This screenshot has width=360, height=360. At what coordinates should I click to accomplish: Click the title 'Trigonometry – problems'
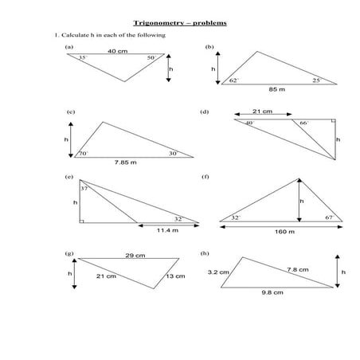point(179,22)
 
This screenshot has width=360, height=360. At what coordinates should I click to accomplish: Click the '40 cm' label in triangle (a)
point(117,51)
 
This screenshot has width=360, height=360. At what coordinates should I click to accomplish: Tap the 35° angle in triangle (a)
point(82,58)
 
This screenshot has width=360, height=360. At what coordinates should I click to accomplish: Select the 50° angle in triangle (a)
point(151,58)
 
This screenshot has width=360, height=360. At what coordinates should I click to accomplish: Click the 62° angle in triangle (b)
point(233,80)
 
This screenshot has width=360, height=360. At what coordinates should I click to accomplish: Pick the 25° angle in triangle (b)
point(316,80)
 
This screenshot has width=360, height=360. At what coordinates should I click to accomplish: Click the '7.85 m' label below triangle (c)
point(125,162)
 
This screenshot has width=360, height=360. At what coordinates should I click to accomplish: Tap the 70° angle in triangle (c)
point(83,153)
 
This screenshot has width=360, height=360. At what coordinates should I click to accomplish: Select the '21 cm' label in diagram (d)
point(264,112)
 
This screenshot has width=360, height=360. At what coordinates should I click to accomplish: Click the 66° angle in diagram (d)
point(303,123)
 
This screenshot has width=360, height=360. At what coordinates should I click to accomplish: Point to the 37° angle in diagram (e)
point(84,188)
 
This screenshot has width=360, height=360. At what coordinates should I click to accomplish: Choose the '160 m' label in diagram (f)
point(284,232)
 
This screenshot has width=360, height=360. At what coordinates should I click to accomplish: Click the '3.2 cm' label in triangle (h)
point(218,272)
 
